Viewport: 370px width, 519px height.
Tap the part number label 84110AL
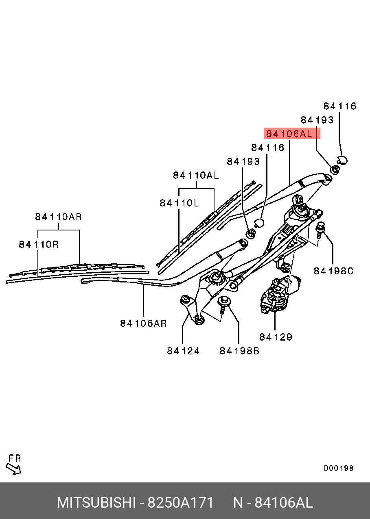[196, 176]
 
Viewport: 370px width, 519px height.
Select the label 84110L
[179, 202]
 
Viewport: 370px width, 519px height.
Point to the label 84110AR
[58, 217]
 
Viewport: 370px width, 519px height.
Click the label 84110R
[39, 244]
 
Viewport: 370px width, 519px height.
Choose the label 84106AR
[143, 324]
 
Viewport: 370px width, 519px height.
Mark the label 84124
[183, 351]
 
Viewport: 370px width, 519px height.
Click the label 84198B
[239, 351]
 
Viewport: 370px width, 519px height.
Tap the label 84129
[276, 337]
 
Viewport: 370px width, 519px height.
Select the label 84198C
[333, 271]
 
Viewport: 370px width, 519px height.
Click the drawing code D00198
[339, 468]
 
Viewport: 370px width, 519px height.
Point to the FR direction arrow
[15, 469]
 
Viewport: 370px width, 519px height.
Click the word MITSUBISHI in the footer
[96, 503]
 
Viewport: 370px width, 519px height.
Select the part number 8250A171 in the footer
[180, 503]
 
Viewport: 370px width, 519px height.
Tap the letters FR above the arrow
[14, 458]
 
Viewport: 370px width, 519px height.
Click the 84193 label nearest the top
[317, 120]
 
